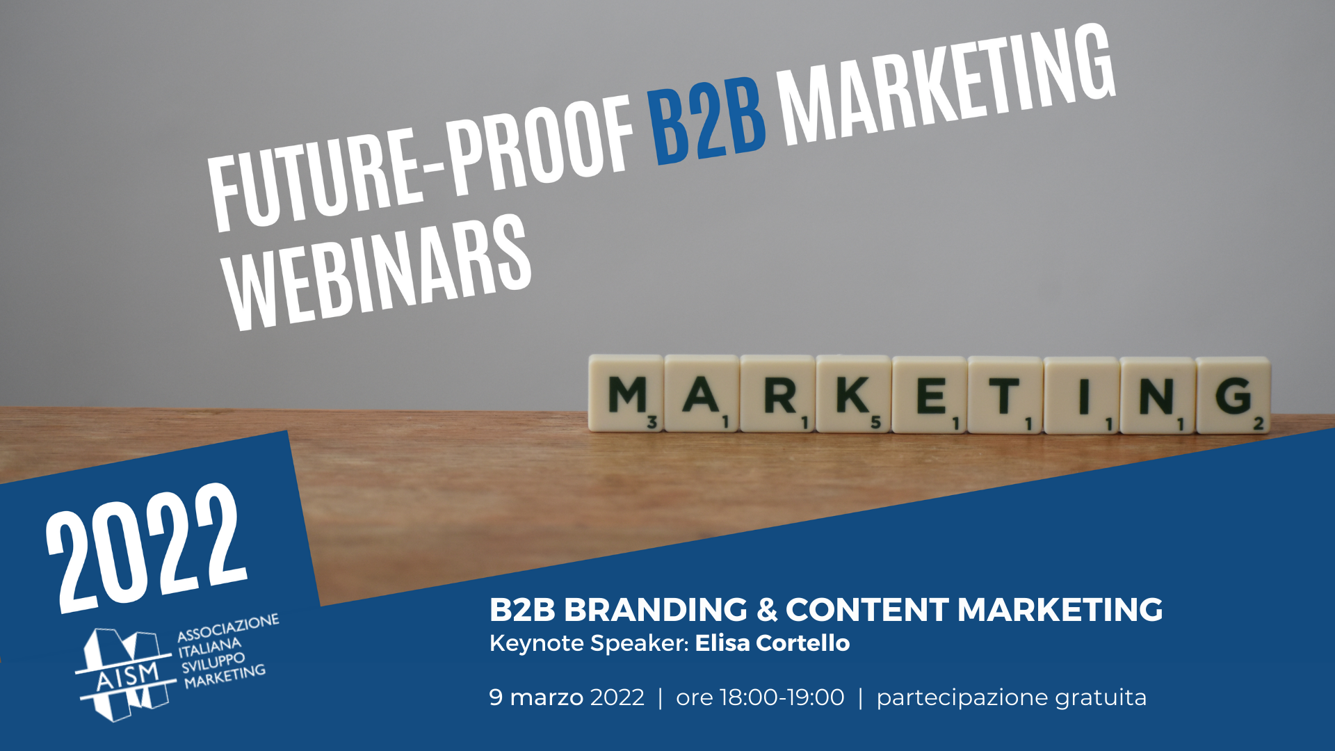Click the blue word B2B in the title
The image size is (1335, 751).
pos(708,119)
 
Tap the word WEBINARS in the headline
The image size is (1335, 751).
pos(379,272)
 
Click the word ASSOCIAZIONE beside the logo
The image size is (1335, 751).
pos(228,627)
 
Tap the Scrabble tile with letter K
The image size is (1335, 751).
pos(853,394)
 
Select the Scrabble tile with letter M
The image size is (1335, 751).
pos(626,393)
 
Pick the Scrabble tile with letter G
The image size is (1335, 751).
pos(1233,395)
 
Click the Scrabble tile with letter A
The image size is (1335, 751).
pos(702,394)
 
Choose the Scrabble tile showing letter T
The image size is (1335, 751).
pos(1005,395)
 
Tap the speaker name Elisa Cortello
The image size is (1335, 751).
pos(772,643)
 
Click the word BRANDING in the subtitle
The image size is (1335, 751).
pos(656,610)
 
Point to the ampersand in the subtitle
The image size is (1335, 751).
pos(767,610)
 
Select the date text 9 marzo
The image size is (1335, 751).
pos(536,697)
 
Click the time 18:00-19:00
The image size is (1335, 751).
pos(782,697)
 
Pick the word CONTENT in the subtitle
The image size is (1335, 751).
pos(867,610)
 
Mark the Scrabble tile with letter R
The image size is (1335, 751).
pos(777,394)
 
